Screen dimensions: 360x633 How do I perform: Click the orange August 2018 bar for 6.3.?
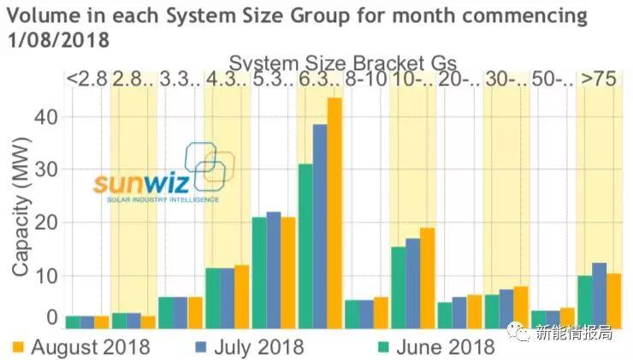click(334, 213)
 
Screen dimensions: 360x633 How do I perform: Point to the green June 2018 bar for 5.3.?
click(259, 272)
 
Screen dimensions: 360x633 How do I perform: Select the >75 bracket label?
click(599, 80)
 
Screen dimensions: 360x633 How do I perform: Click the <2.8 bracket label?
click(86, 80)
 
